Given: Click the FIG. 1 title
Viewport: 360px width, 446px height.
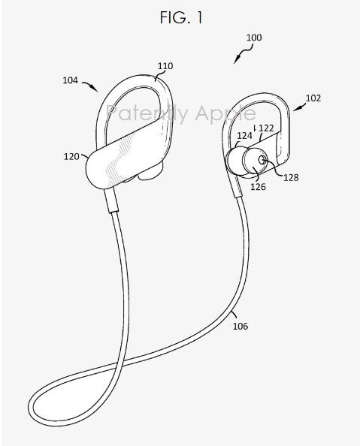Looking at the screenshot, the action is [181, 17].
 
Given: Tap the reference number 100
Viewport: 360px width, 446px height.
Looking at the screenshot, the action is [254, 38].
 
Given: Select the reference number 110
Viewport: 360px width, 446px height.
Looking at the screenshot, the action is [165, 66].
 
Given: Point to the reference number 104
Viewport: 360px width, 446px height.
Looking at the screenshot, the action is [70, 80].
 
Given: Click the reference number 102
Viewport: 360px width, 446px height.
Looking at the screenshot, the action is [313, 98].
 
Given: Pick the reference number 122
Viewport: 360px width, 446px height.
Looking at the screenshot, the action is [266, 128].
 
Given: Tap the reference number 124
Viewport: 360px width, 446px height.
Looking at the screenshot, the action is [245, 136].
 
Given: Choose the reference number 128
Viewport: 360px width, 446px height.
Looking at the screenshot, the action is [291, 177].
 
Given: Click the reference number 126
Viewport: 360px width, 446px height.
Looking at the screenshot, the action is [258, 187].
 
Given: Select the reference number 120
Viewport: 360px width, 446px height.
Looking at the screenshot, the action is [71, 156].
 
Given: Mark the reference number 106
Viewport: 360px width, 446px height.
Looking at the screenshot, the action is [241, 326].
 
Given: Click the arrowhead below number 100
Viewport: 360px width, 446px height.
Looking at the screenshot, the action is [235, 61].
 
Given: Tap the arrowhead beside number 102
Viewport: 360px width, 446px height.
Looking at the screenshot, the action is [296, 108].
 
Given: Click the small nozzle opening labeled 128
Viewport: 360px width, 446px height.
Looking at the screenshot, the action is [262, 160].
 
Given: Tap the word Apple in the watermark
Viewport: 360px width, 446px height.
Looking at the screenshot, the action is [225, 114].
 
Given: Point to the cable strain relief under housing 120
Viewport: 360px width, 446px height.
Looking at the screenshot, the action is [112, 200].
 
